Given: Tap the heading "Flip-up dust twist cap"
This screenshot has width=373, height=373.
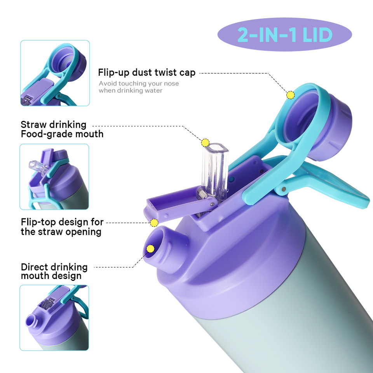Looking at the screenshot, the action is (x=146, y=73).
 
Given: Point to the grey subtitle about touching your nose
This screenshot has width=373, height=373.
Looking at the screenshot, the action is (x=139, y=87).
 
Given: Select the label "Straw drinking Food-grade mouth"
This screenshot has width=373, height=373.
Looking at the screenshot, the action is (x=62, y=129).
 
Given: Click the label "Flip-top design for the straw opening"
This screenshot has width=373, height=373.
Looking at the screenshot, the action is (x=62, y=227).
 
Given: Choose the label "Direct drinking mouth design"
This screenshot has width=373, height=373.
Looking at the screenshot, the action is (x=54, y=272).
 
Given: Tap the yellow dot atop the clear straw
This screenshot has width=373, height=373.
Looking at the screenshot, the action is (x=205, y=142).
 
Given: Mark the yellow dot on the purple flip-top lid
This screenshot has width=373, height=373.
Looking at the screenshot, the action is (x=154, y=223).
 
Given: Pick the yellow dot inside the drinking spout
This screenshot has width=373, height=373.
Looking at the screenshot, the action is (x=150, y=249).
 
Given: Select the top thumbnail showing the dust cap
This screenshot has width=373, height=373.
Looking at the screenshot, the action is (x=55, y=73).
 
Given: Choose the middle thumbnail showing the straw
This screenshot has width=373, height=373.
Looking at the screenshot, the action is (x=54, y=177).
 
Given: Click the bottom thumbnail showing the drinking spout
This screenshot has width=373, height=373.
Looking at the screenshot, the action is (x=54, y=317).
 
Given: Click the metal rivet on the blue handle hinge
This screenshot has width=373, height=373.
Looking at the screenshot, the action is (x=284, y=189).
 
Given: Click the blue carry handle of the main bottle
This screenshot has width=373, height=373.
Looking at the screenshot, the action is (x=334, y=186).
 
